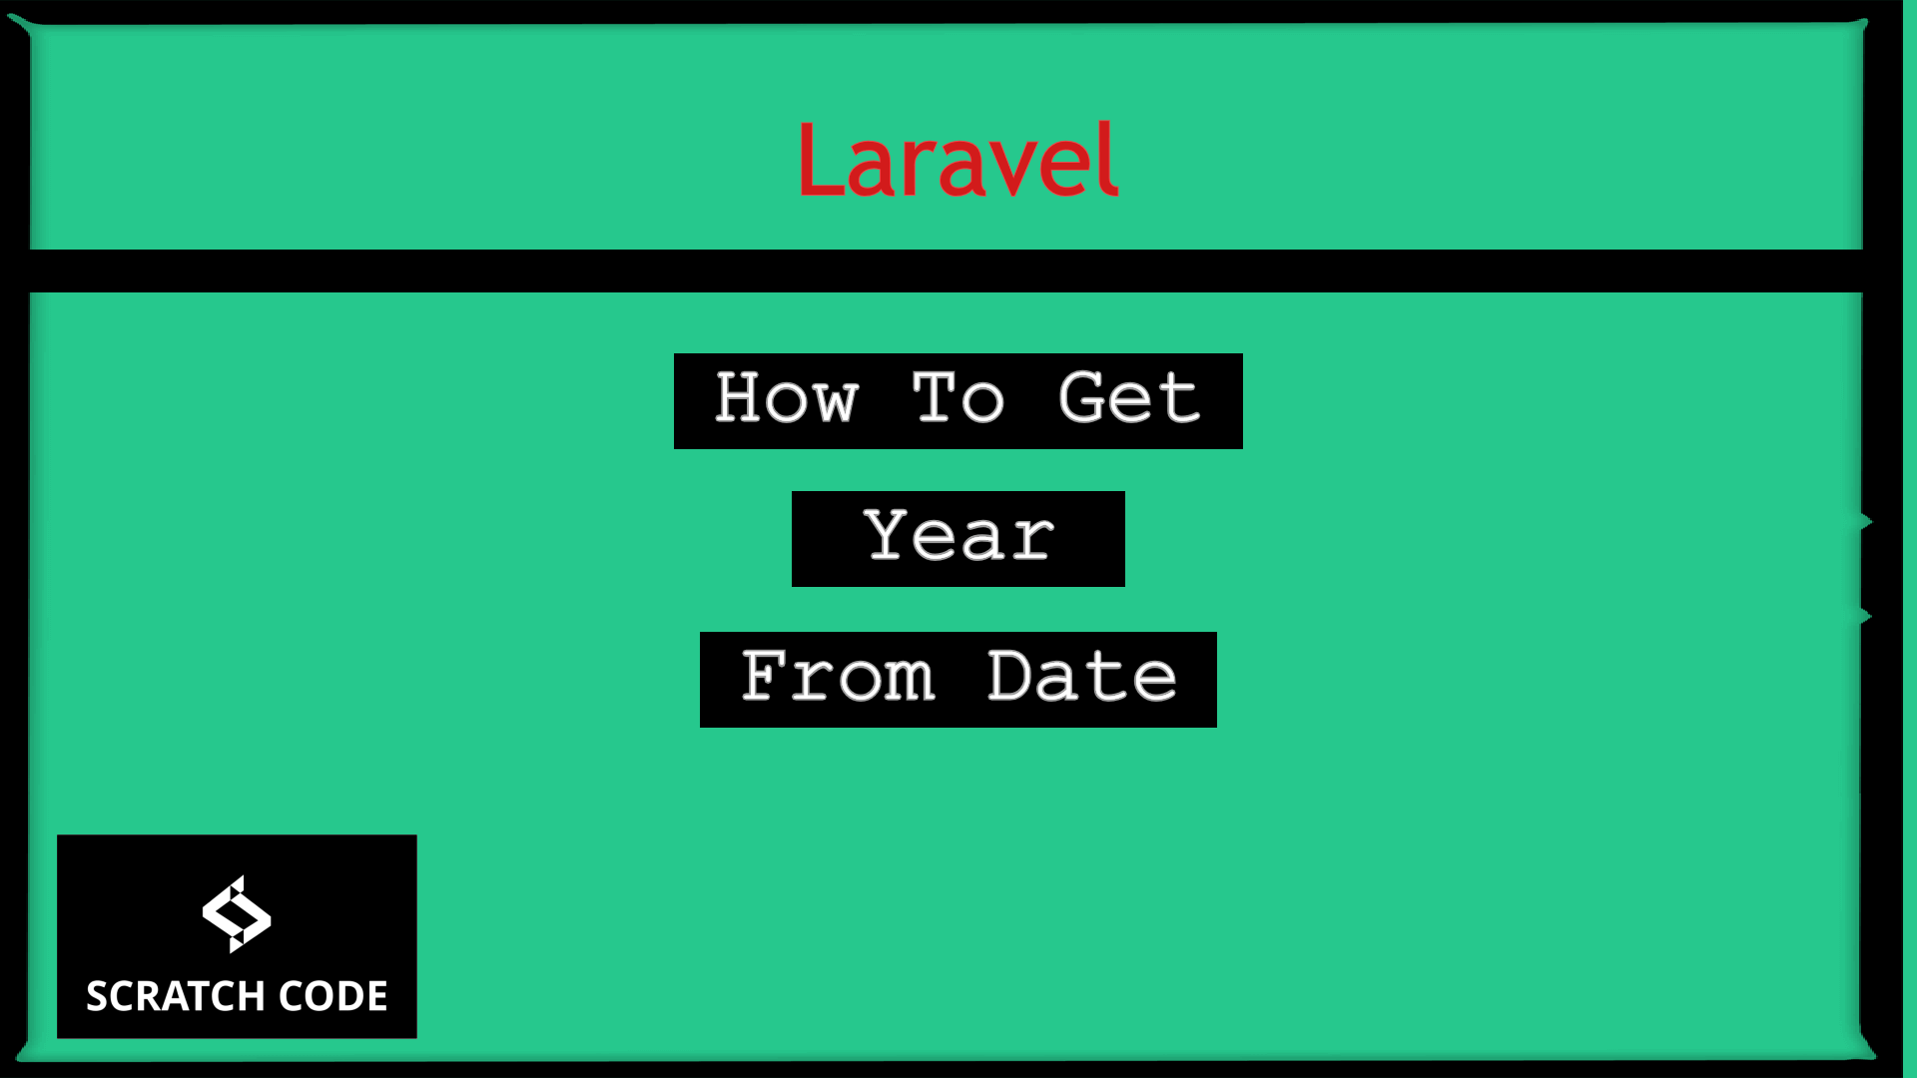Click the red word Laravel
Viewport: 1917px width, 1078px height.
click(x=958, y=160)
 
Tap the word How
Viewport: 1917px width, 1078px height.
click(x=787, y=398)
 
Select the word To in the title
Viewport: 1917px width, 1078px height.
click(x=958, y=398)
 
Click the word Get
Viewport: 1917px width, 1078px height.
click(x=1128, y=398)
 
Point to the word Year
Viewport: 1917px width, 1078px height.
click(x=958, y=536)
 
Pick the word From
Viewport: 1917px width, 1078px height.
click(x=838, y=677)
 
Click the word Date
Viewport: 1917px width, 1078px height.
click(x=1082, y=677)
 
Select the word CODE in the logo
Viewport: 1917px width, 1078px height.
click(x=333, y=996)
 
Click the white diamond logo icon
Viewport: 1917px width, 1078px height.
click(x=237, y=913)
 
